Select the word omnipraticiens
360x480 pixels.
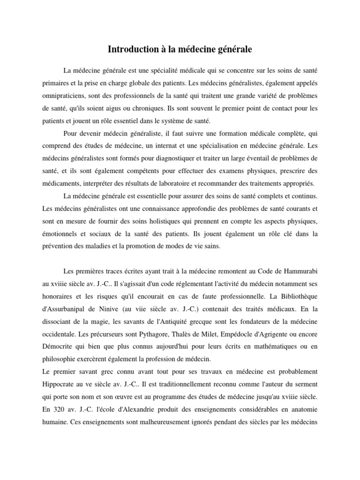[63, 96]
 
